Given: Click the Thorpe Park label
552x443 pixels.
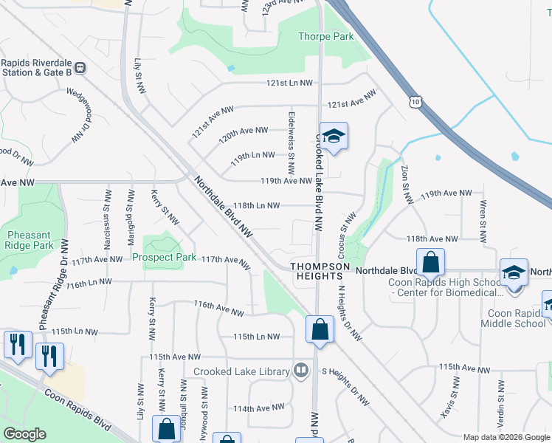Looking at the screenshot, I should [325, 36].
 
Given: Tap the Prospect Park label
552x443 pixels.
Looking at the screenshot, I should [165, 257].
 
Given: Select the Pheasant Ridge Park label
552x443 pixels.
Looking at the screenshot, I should [30, 239].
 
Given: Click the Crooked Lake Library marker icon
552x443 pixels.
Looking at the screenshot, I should [300, 371].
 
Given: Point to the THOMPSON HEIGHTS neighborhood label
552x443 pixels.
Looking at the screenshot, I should [319, 270].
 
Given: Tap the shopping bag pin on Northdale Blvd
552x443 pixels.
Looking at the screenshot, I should [430, 261].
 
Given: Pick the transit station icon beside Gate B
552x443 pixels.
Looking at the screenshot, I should [80, 68].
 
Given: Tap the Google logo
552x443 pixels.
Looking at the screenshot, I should [24, 434].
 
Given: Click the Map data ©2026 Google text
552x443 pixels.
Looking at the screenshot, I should [506, 437].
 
